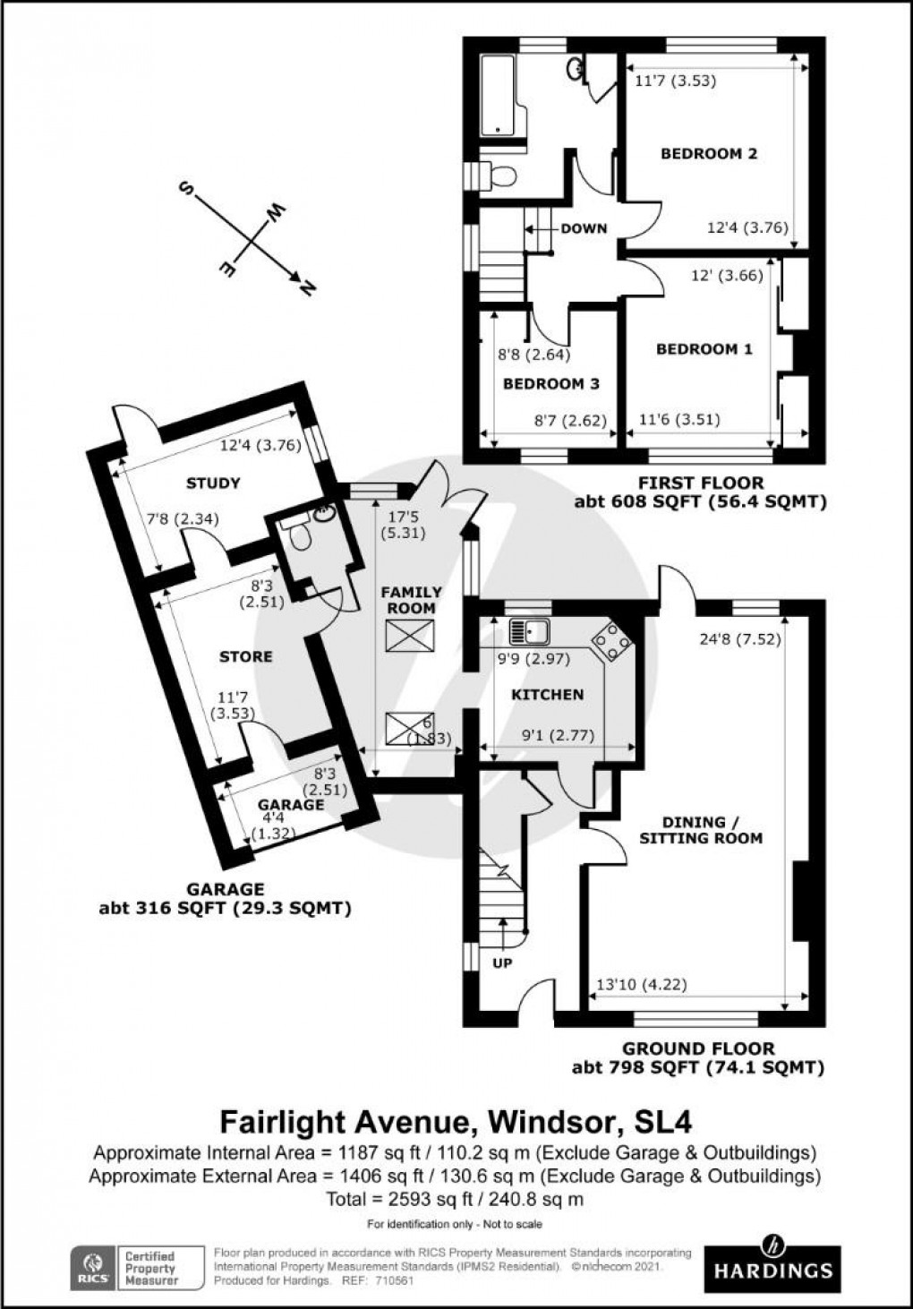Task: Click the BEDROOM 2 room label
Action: [x=709, y=153]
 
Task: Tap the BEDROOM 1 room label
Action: [x=704, y=349]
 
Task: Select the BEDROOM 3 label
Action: [x=550, y=384]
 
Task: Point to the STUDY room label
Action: [x=213, y=483]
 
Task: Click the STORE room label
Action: [x=245, y=656]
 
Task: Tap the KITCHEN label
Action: [x=547, y=695]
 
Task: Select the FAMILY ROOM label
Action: [x=411, y=600]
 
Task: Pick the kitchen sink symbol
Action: [x=528, y=632]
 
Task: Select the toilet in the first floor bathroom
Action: [x=497, y=175]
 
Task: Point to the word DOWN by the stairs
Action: [x=584, y=228]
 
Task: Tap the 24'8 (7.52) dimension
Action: [x=737, y=639]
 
